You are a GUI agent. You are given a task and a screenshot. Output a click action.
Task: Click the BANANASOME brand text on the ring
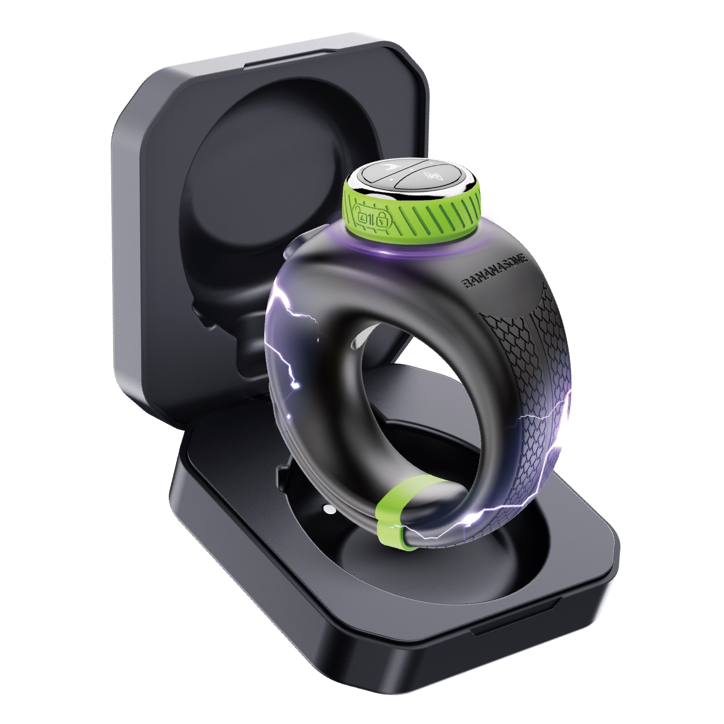point(494,271)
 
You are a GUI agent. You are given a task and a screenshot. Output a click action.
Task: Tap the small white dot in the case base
point(330,510)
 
